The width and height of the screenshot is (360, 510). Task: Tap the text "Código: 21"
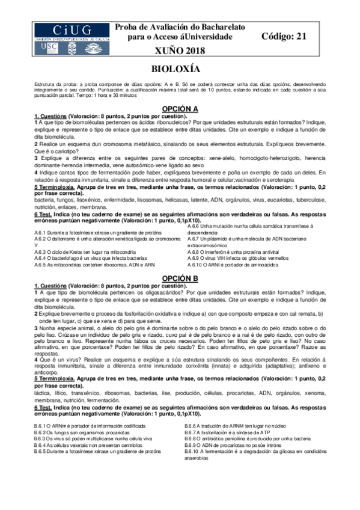pyautogui.click(x=284, y=37)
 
